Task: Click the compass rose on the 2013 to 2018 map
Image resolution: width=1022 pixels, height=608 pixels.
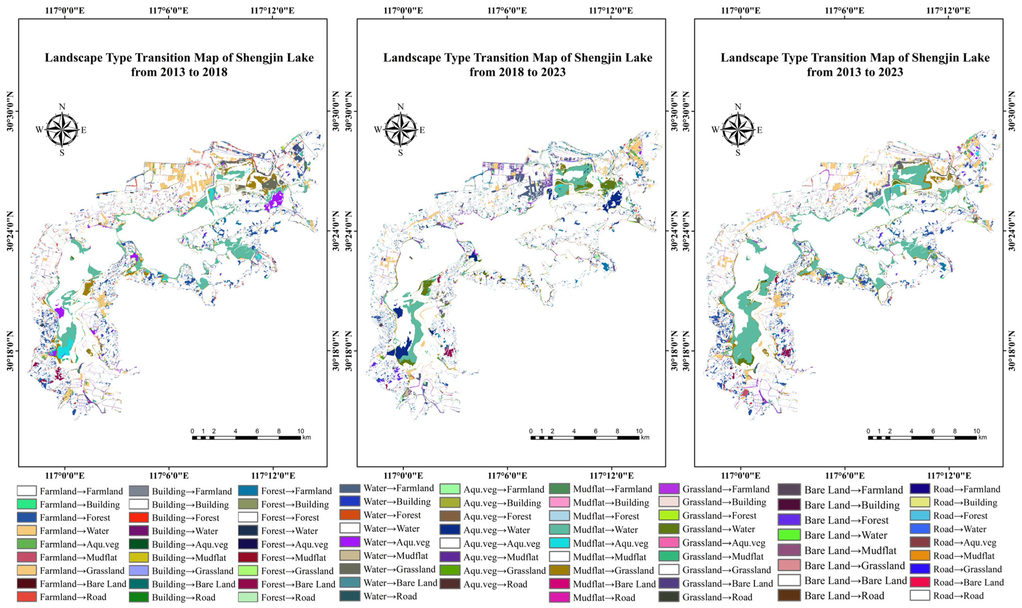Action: tap(62, 130)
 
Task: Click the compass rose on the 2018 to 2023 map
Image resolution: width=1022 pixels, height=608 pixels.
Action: tap(400, 130)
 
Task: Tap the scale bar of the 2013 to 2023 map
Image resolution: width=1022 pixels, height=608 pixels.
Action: tap(922, 438)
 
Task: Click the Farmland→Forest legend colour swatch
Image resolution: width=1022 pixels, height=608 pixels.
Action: tap(27, 517)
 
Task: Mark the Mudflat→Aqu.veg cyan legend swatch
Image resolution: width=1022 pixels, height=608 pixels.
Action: tap(559, 543)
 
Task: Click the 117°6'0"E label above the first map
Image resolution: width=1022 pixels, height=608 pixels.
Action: tap(168, 10)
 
